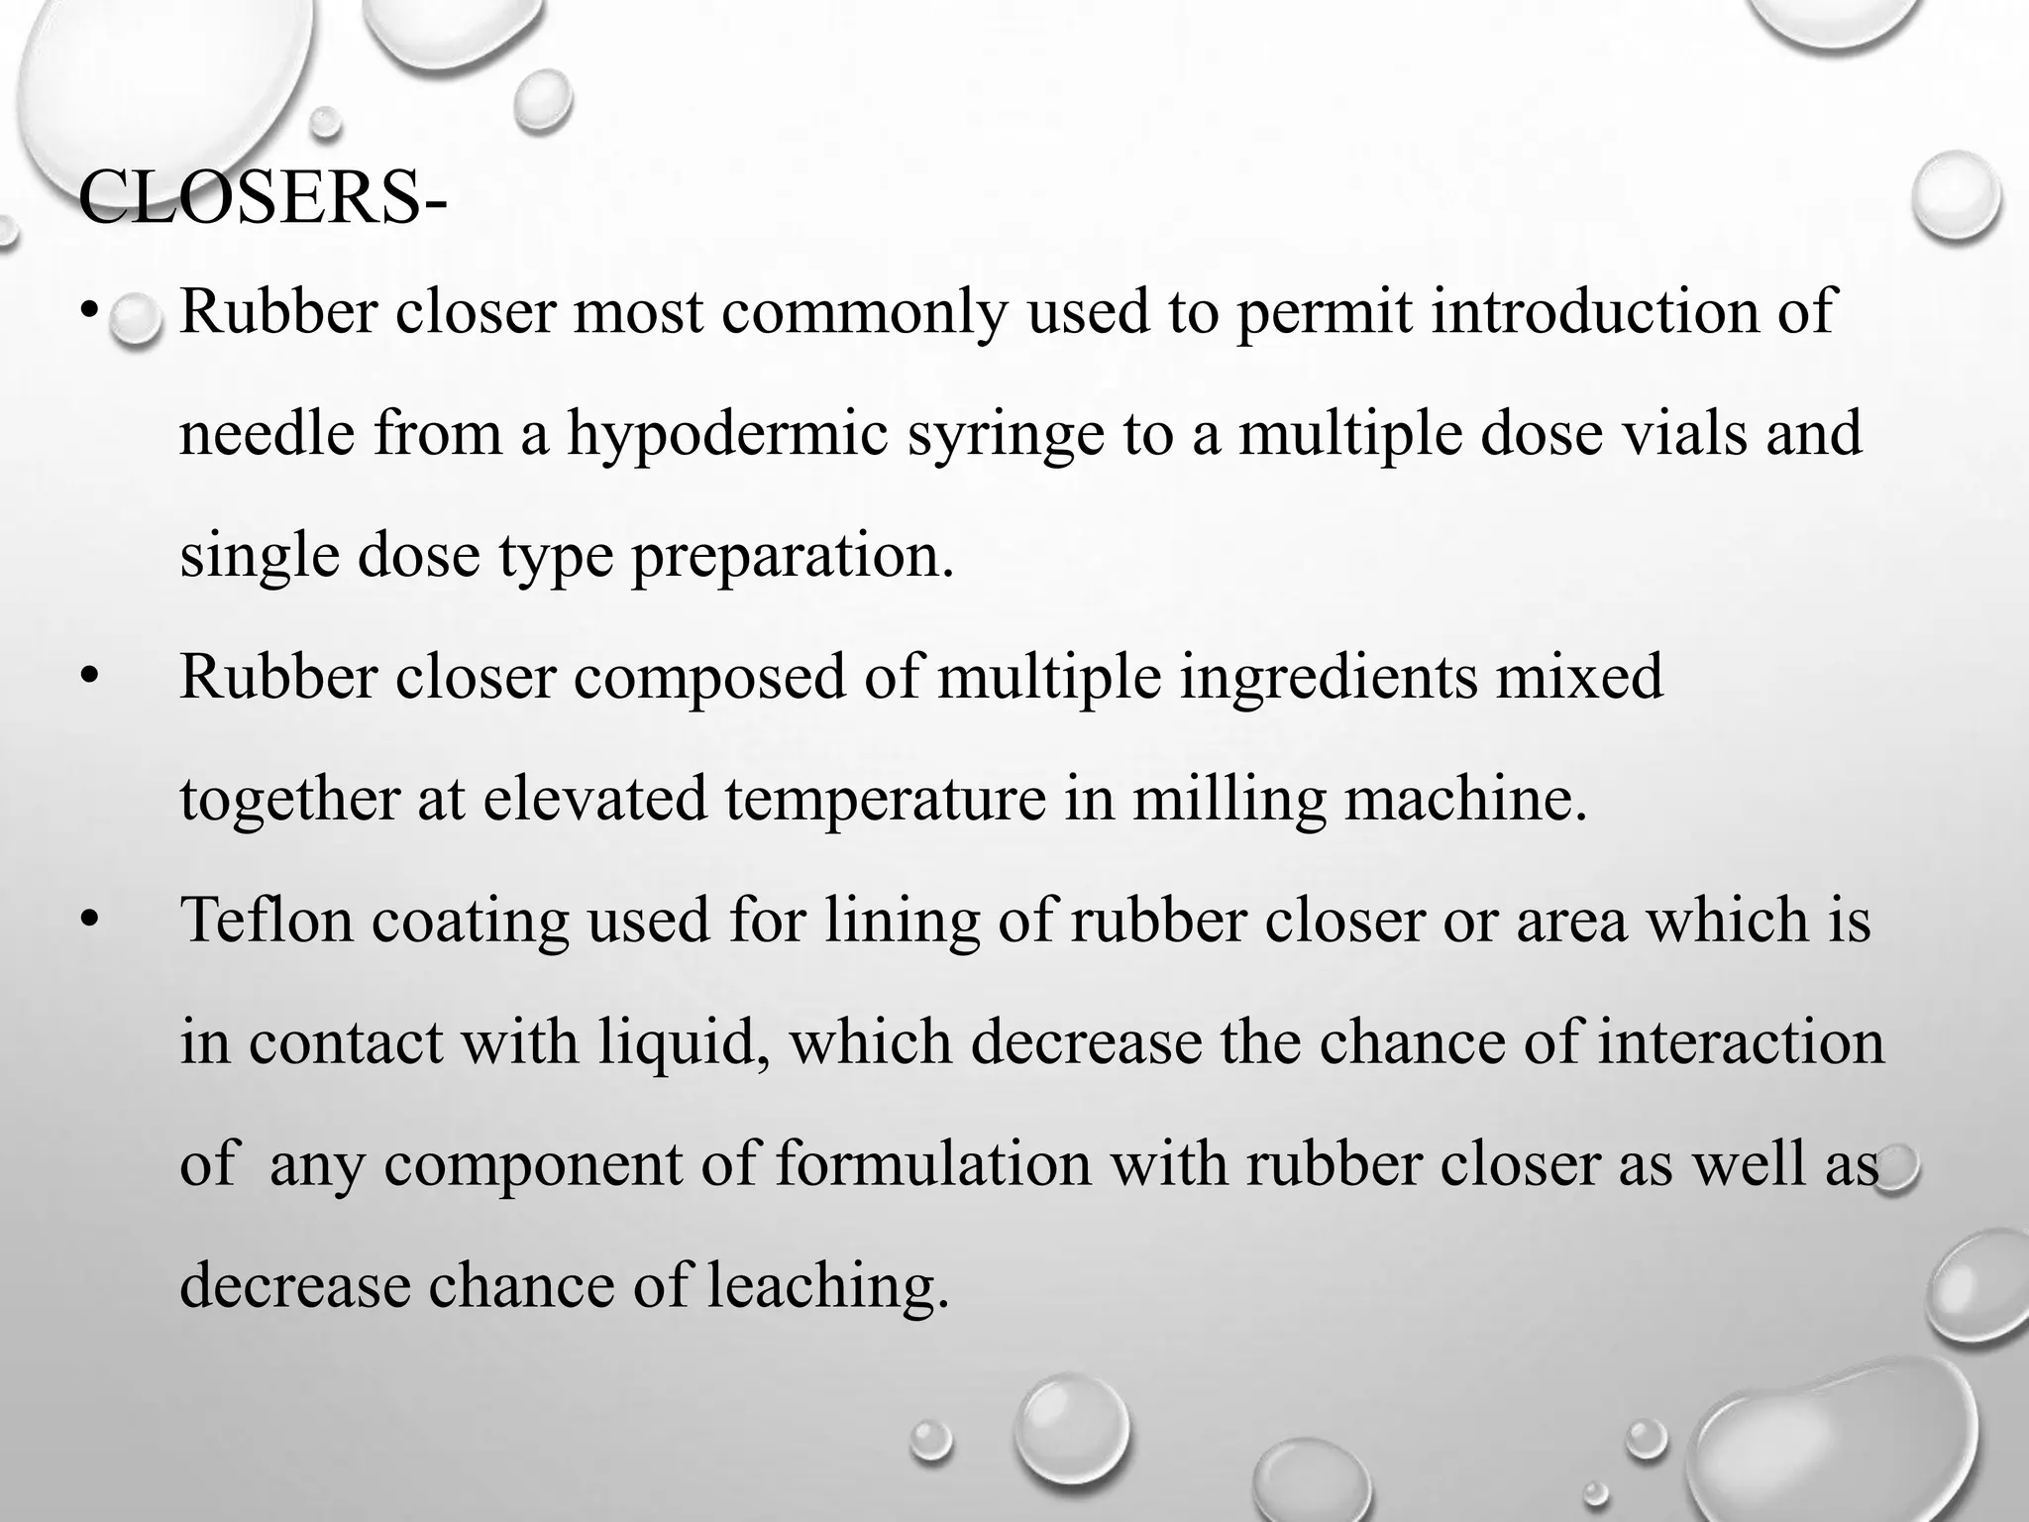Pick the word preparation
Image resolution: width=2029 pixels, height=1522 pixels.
click(793, 557)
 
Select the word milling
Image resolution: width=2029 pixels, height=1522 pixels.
click(1228, 801)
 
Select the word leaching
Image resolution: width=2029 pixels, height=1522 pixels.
click(821, 1286)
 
